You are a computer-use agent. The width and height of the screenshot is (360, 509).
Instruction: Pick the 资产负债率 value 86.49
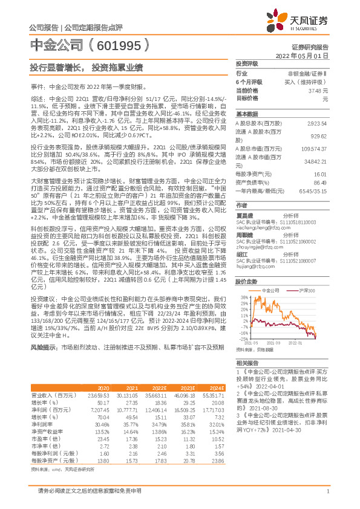[322, 181]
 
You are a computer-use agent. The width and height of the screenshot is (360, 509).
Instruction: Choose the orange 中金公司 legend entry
[270, 291]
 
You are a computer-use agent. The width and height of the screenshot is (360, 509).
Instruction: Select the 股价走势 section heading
[245, 282]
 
